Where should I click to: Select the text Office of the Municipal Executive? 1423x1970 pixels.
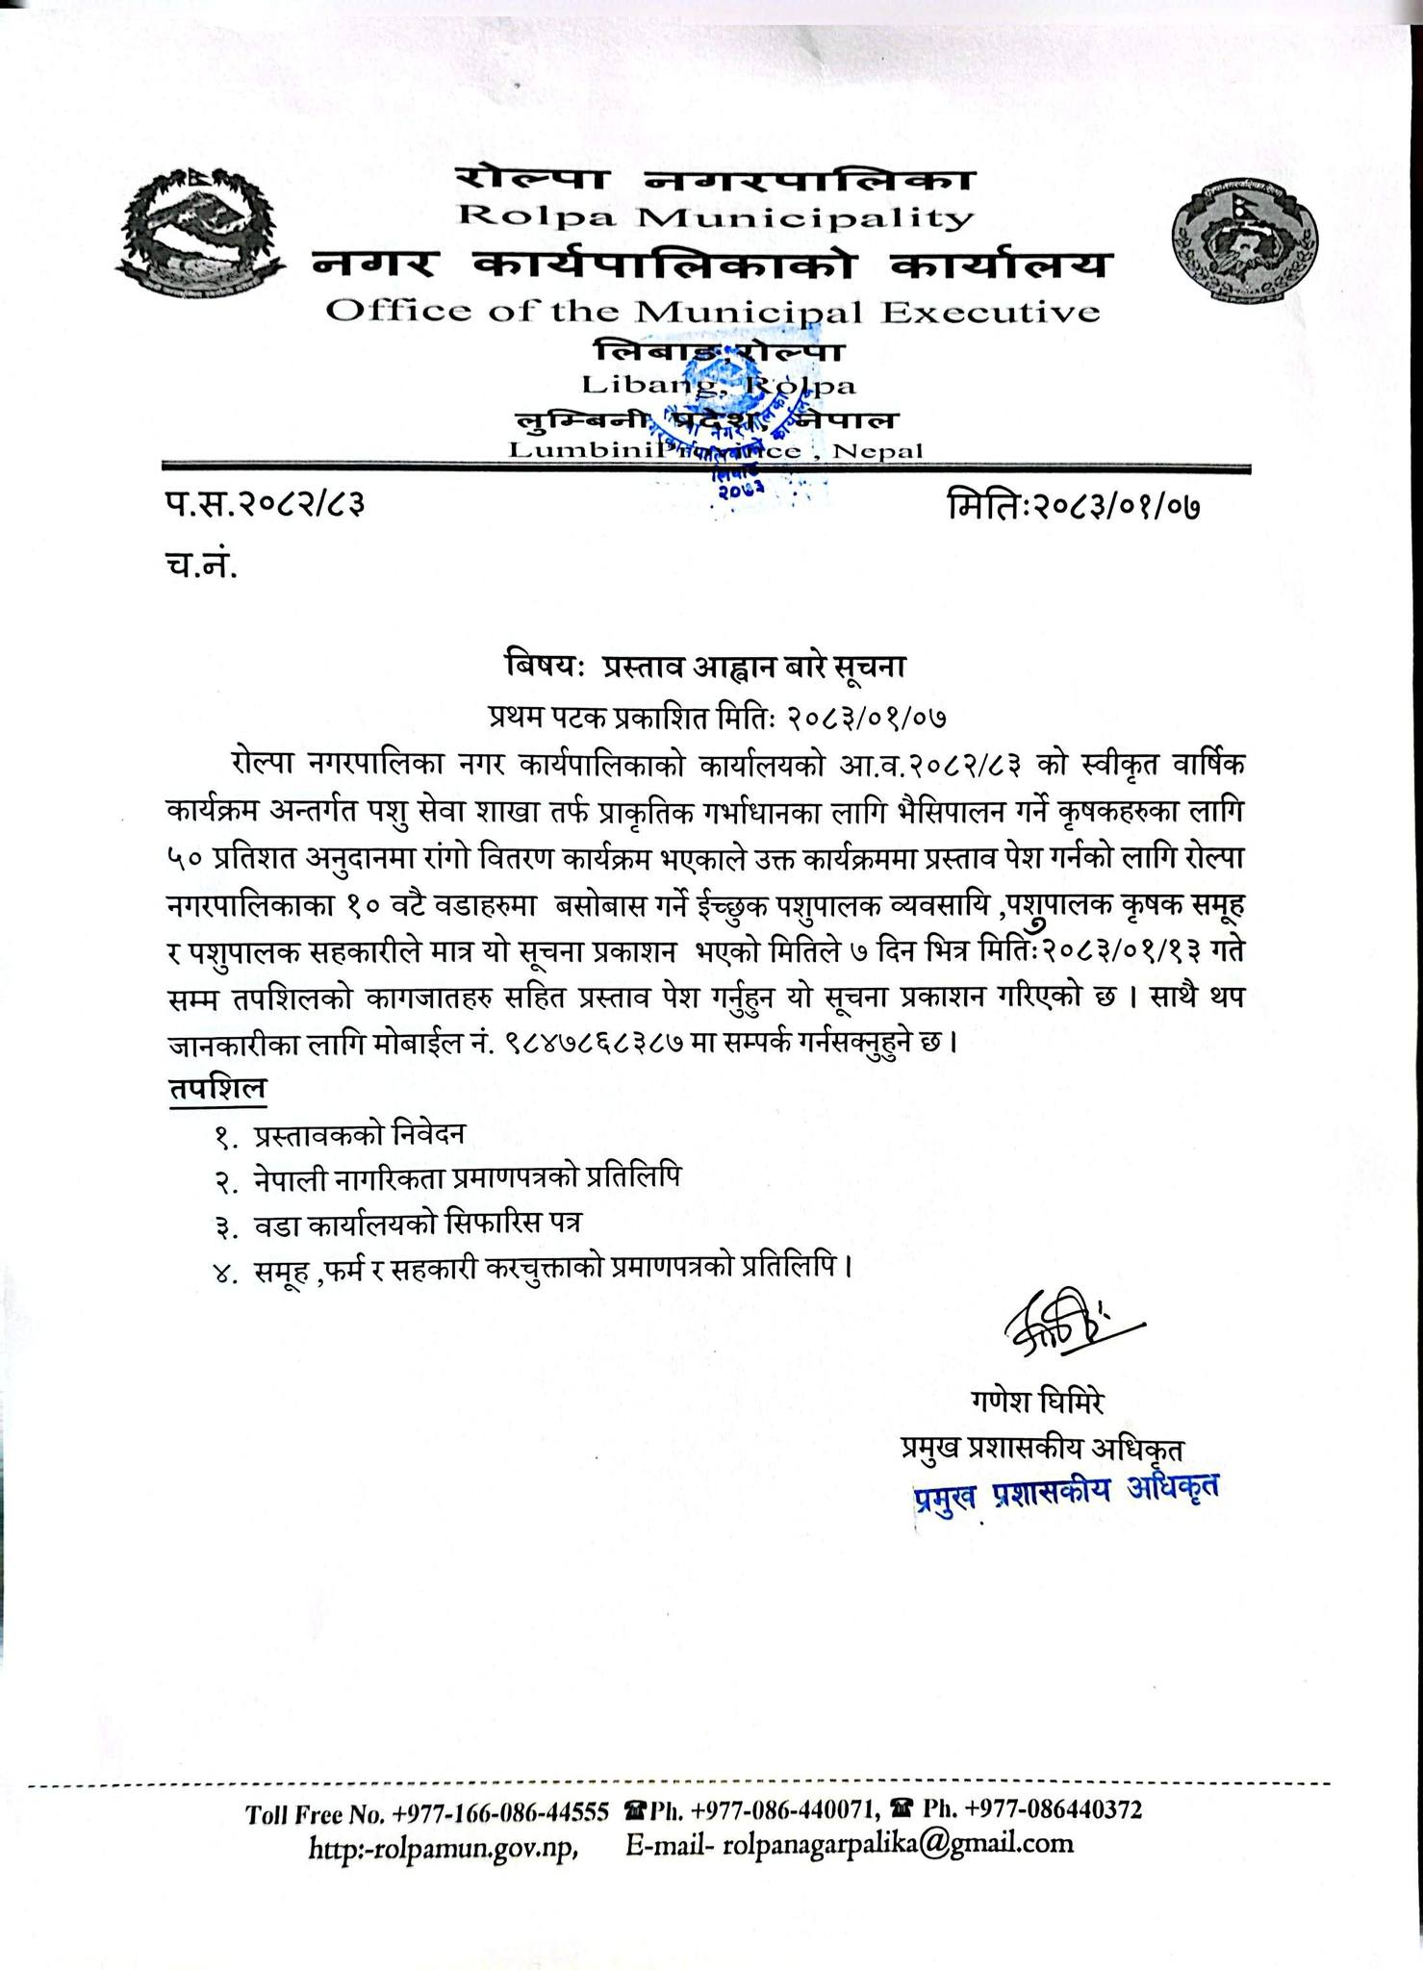click(712, 312)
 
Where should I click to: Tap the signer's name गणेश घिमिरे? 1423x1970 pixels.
click(1037, 1402)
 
